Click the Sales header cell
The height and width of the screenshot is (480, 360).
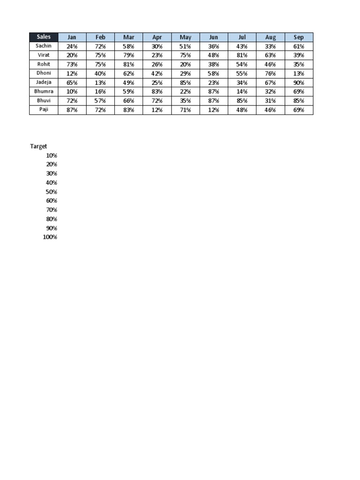click(x=44, y=37)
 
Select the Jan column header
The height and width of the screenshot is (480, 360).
click(x=72, y=37)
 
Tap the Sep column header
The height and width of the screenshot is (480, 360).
click(x=299, y=37)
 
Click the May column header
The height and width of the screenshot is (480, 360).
click(x=185, y=37)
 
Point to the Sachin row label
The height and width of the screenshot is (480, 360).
click(x=44, y=46)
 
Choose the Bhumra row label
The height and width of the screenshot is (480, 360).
click(x=44, y=91)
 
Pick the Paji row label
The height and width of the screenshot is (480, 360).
click(x=44, y=110)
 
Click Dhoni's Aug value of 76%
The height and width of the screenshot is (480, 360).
click(x=270, y=74)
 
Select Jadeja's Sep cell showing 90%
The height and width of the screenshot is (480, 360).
click(x=299, y=82)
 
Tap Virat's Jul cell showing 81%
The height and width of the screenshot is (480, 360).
click(x=242, y=55)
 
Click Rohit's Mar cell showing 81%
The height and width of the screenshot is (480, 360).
click(x=128, y=64)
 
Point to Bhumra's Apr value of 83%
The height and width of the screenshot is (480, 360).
click(x=157, y=91)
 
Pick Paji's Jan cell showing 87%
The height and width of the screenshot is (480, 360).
click(x=72, y=110)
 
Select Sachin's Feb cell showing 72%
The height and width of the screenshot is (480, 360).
click(x=100, y=46)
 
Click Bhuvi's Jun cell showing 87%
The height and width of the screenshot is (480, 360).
click(x=214, y=101)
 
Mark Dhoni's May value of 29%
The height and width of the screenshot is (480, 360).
click(x=185, y=74)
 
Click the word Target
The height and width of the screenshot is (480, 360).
click(x=38, y=146)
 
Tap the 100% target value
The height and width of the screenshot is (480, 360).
click(x=50, y=237)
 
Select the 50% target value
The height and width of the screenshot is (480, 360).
click(x=52, y=192)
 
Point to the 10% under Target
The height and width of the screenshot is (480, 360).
click(x=52, y=155)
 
